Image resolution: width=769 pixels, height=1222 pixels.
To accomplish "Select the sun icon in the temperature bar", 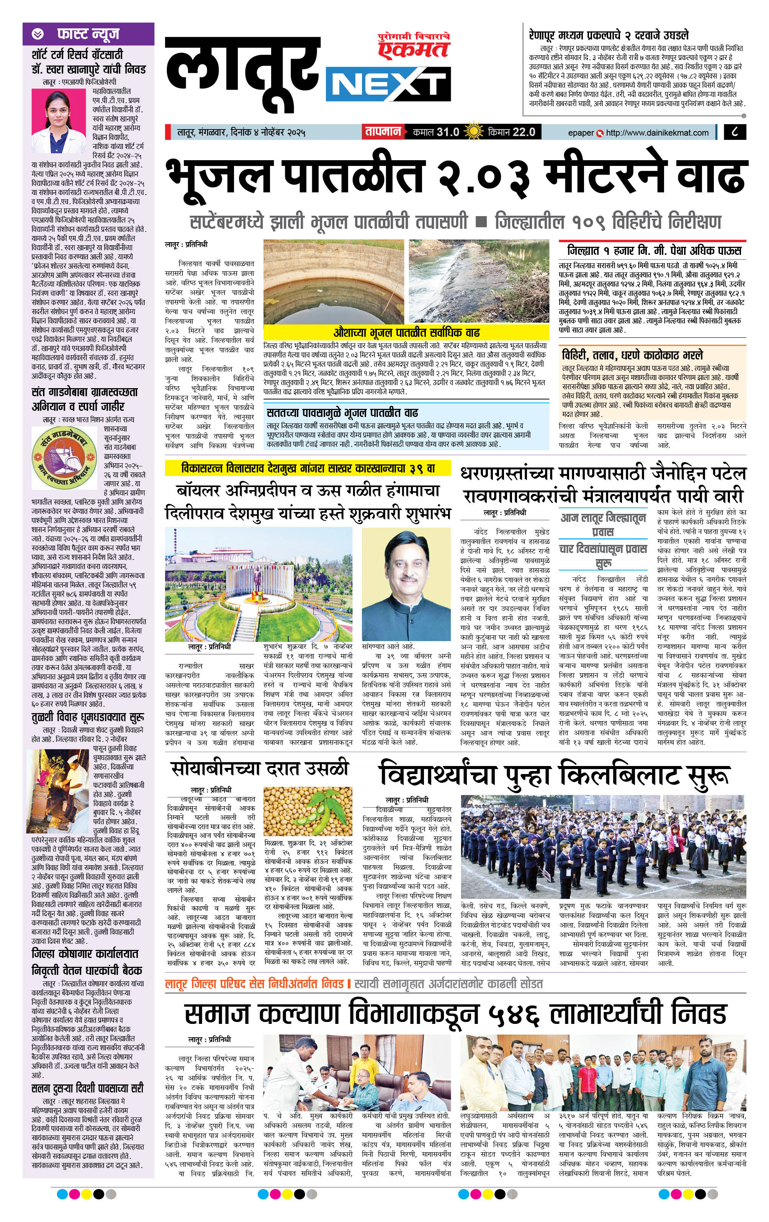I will [x=474, y=132].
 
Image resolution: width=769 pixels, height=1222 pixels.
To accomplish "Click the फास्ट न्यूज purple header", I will [x=88, y=34].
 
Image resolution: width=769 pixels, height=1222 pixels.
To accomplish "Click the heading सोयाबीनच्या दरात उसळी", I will [x=260, y=768].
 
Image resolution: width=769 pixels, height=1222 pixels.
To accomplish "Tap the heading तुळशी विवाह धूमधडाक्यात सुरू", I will [x=87, y=717].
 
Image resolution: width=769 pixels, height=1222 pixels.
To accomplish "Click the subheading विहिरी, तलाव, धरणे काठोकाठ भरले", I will [x=632, y=354].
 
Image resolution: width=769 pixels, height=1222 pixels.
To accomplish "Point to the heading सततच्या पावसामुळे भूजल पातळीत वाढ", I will [x=342, y=412].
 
